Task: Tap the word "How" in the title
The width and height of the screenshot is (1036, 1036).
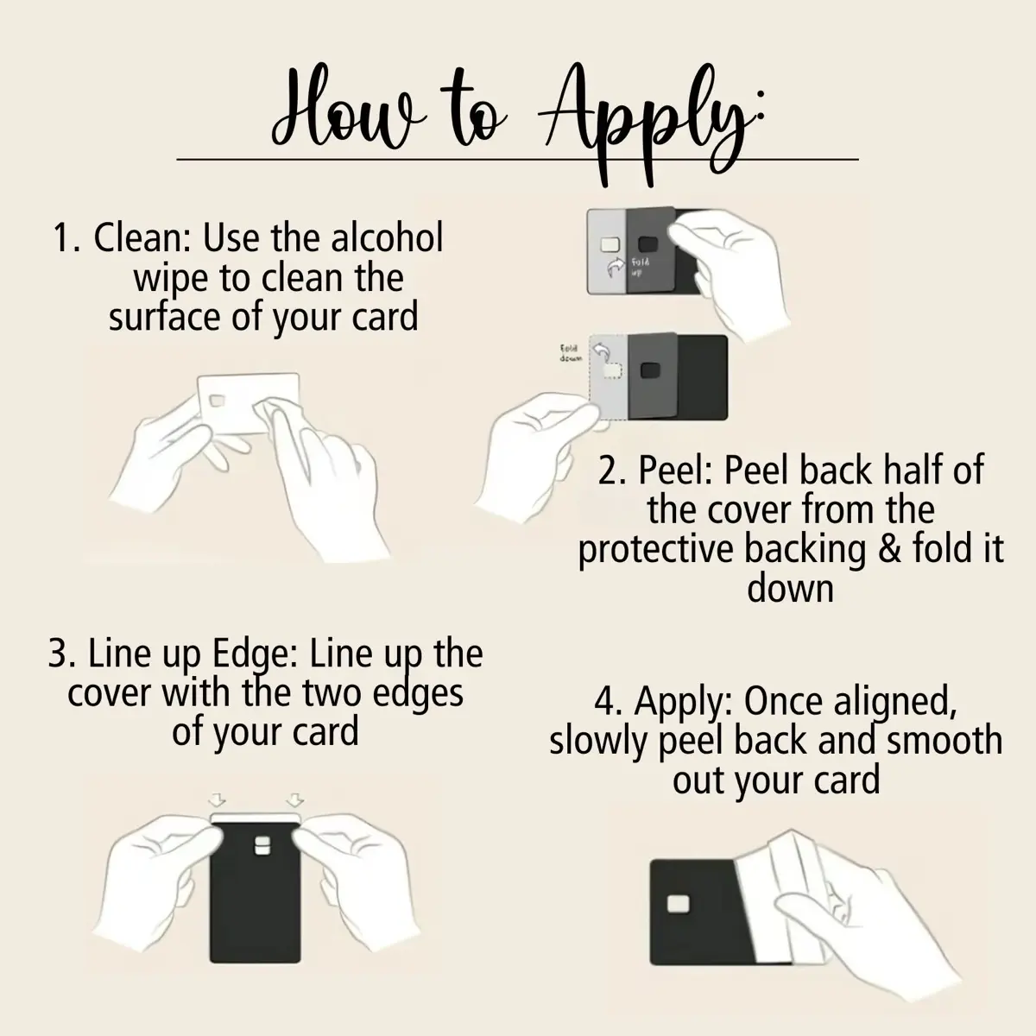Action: (347, 108)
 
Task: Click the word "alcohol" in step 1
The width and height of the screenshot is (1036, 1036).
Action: (387, 237)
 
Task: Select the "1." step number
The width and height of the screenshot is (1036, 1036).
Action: (66, 237)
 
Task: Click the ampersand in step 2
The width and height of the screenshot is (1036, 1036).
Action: (890, 548)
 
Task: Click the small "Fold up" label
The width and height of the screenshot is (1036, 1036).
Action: (640, 267)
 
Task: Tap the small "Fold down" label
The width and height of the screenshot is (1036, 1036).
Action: (570, 353)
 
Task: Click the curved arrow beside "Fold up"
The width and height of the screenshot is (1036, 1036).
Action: (615, 267)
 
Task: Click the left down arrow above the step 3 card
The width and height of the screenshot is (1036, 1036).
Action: (216, 800)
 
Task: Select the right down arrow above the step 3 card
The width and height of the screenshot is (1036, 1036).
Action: (294, 800)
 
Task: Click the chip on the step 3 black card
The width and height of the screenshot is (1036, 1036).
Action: (262, 845)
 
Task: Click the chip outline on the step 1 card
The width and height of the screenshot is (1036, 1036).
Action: (218, 401)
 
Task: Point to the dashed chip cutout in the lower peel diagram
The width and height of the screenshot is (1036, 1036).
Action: (612, 370)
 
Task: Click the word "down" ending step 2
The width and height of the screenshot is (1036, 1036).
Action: (790, 589)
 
